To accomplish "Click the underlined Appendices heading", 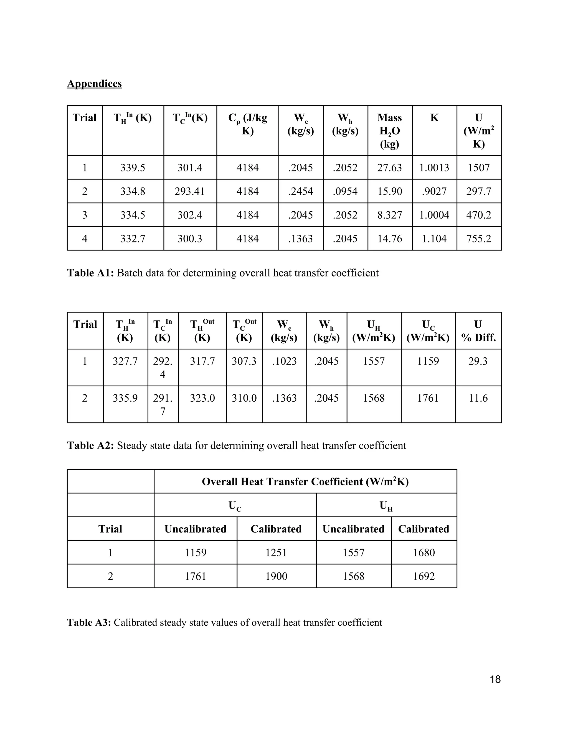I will pos(94,83).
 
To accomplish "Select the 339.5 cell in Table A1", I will pos(133,168).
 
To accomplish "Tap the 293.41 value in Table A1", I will pos(190,191).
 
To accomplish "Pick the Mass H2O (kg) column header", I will pos(390,131).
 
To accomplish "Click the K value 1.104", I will pos(434,239).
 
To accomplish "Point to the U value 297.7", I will pos(478,191).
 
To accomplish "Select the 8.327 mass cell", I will pos(390,215).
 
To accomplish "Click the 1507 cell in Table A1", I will pos(478,168).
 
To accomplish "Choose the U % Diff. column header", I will pos(478,331).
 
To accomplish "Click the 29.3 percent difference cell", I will pos(478,361).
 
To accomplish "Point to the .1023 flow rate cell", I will pos(284,361).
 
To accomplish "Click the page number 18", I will pos(495,679).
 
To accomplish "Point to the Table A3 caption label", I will pos(89,622).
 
